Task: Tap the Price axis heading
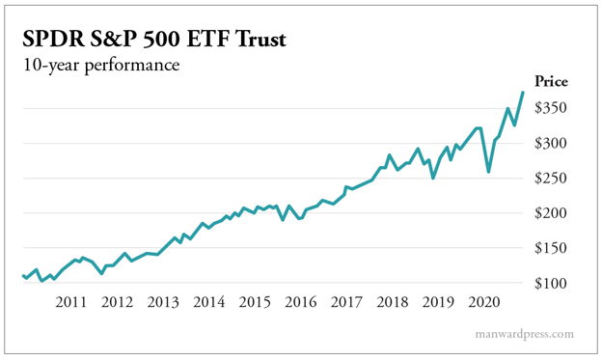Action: [552, 82]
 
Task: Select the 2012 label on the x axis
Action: [117, 302]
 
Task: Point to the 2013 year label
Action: [163, 302]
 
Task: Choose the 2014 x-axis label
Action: [208, 302]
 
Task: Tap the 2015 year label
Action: [255, 302]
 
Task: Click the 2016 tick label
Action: [300, 302]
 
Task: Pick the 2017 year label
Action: [346, 302]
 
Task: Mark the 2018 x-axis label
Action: [392, 302]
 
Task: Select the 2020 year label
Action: [483, 302]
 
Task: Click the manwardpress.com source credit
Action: [526, 334]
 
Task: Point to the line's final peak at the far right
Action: [523, 93]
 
